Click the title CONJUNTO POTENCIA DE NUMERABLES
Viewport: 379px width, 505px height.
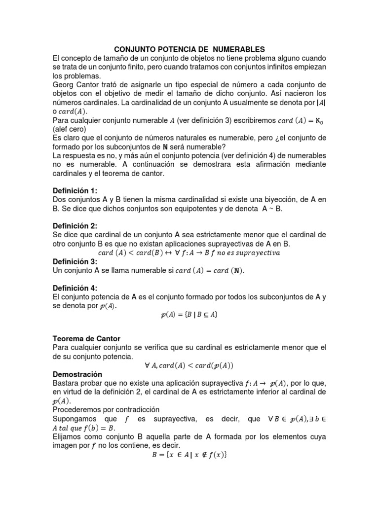click(189, 49)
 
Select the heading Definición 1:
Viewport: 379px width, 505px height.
click(75, 191)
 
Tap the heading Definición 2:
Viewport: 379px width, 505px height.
click(75, 226)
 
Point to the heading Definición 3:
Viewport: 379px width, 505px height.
click(75, 262)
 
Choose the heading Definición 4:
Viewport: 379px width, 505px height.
click(75, 288)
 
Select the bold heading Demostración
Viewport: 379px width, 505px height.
click(77, 374)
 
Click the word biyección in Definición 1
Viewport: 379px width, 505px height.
click(277, 200)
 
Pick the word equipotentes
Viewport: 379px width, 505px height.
click(188, 209)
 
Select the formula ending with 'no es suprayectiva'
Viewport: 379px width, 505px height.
click(189, 253)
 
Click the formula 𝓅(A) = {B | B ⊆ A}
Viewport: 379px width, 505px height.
click(189, 315)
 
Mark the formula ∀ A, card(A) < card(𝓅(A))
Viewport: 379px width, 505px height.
click(189, 365)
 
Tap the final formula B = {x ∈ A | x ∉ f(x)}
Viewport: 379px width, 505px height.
click(189, 454)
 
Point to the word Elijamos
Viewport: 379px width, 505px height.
click(68, 436)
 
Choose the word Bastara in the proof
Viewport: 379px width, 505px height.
click(67, 383)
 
